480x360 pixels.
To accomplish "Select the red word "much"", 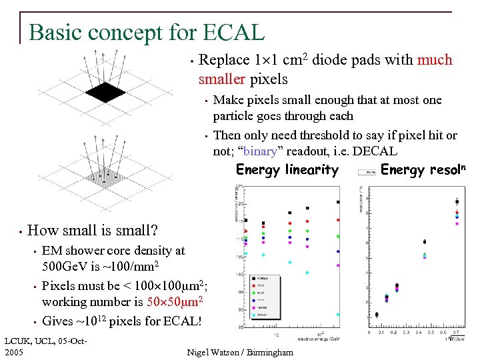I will [x=435, y=60].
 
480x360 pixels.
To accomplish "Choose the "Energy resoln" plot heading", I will [x=422, y=169].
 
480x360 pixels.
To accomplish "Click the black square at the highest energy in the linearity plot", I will [x=339, y=202].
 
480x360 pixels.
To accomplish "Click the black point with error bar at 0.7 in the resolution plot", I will [x=457, y=201].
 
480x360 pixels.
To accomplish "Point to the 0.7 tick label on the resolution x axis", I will [x=456, y=331].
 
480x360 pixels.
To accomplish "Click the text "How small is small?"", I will [x=93, y=231].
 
